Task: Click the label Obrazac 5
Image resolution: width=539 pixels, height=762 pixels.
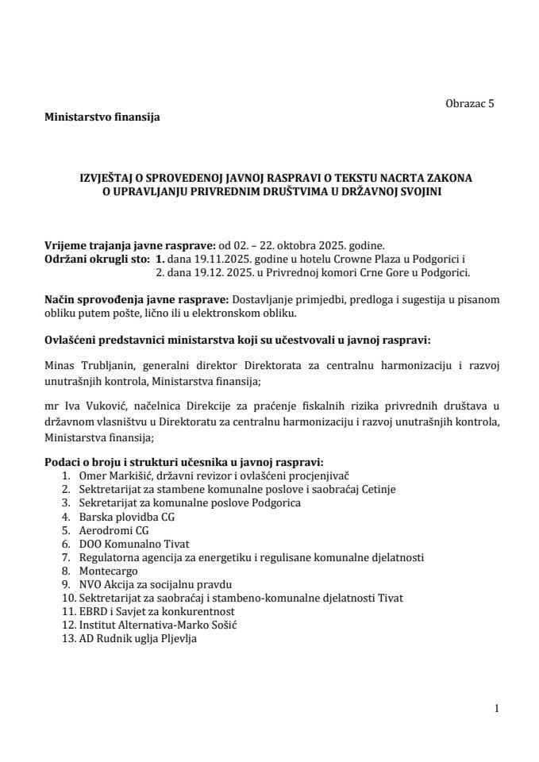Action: pos(470,103)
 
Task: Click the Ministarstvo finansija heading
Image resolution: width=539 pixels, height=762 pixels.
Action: pos(102,117)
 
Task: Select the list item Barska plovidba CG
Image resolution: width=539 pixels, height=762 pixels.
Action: pos(126,517)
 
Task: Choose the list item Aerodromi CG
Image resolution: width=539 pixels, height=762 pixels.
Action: pos(114,530)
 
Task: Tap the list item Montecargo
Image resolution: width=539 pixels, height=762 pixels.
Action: pos(108,571)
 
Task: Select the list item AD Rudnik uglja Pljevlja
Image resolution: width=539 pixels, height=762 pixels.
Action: pos(137,638)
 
